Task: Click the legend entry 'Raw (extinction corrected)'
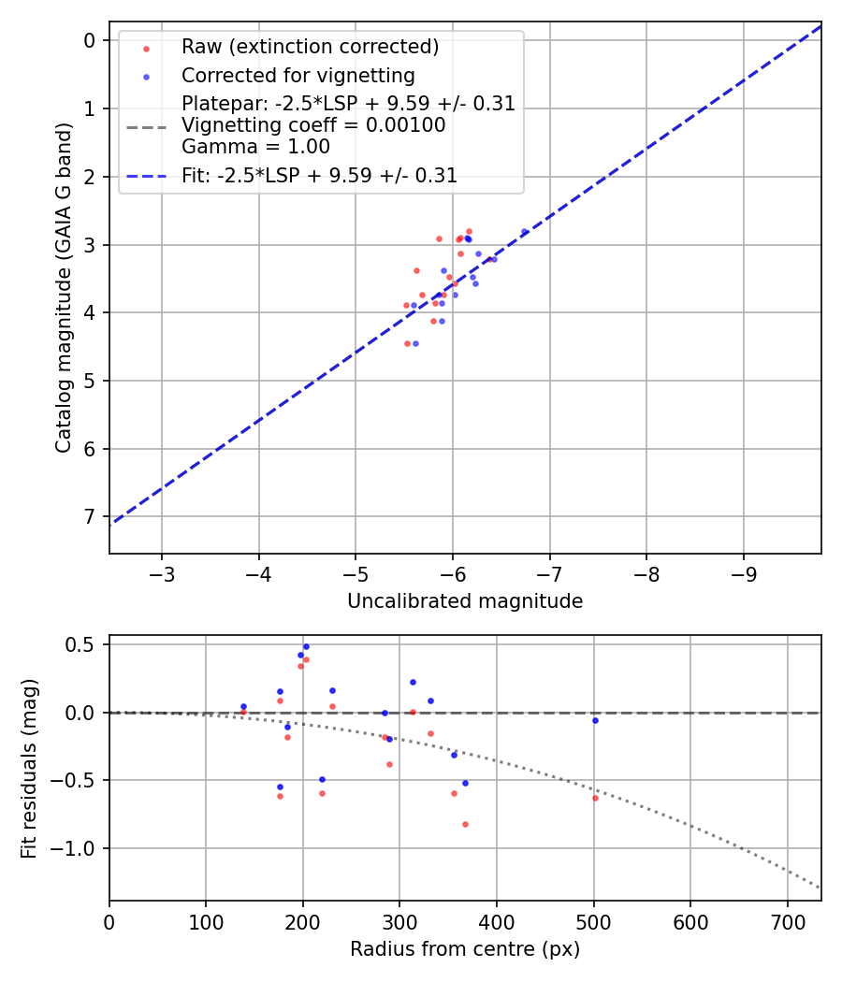click(x=310, y=47)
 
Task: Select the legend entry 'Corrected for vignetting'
click(x=298, y=75)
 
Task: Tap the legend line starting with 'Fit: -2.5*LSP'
click(x=319, y=175)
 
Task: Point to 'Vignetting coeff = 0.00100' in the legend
click(x=313, y=125)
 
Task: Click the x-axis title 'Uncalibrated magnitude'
click(x=465, y=601)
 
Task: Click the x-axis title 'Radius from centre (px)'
click(x=465, y=949)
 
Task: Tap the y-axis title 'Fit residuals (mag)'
click(x=29, y=768)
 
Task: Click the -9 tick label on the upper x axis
click(x=744, y=572)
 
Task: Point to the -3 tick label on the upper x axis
click(x=162, y=572)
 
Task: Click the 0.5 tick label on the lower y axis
click(x=82, y=644)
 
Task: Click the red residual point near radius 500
click(x=595, y=798)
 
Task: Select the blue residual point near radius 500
click(x=595, y=720)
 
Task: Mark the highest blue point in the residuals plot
click(x=305, y=646)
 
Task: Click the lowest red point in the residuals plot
click(x=465, y=824)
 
